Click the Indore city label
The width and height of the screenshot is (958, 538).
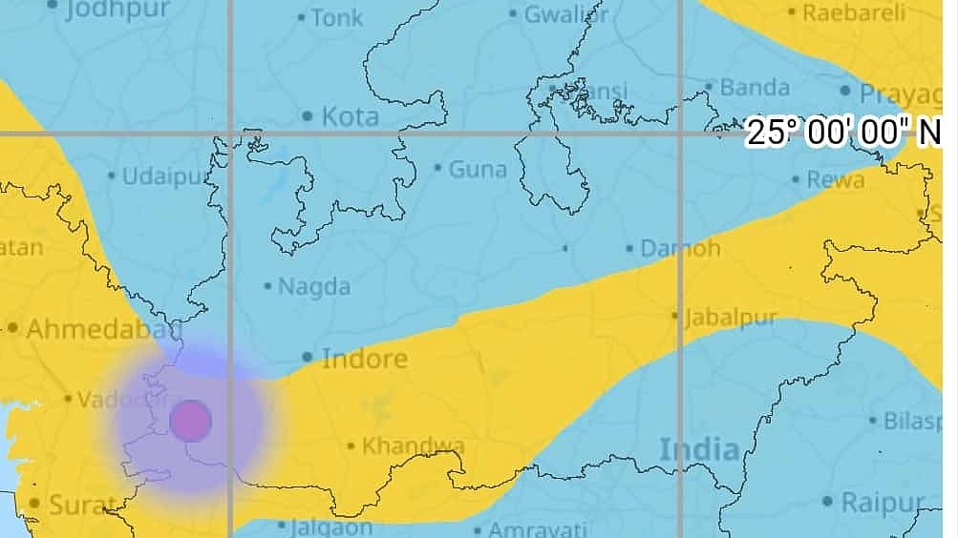(364, 359)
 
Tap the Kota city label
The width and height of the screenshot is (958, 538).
(350, 116)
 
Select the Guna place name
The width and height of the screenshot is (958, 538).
(477, 169)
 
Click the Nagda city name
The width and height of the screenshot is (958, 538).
(313, 286)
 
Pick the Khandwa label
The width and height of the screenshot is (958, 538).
(413, 445)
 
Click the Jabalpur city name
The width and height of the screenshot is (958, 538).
(730, 317)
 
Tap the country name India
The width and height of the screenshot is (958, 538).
(699, 449)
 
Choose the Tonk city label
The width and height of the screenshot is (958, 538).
(336, 17)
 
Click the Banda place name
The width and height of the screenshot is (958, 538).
(754, 88)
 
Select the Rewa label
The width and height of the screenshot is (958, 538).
(835, 178)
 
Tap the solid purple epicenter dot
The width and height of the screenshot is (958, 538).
(189, 421)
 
